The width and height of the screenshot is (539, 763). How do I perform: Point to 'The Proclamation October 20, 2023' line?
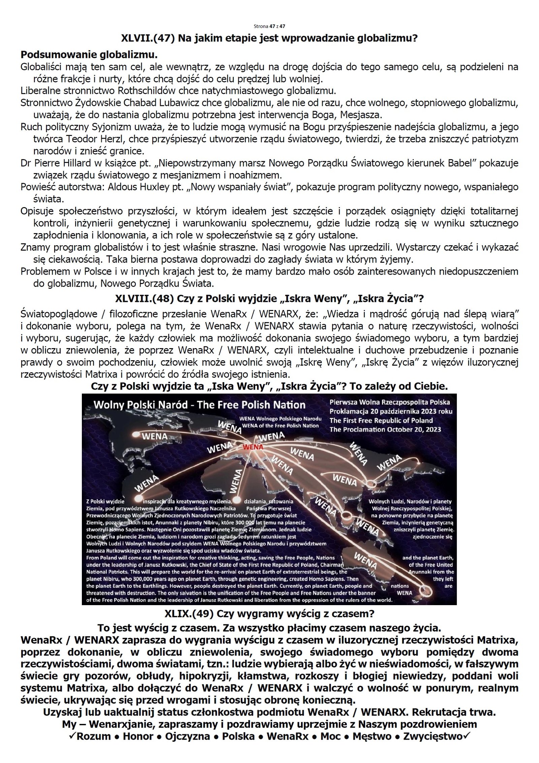tap(385, 429)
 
